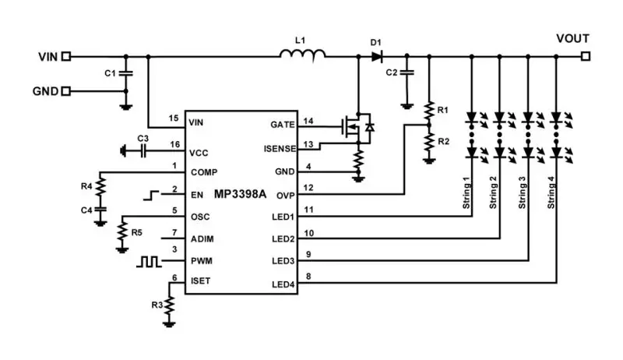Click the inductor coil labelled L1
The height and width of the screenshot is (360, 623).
[303, 54]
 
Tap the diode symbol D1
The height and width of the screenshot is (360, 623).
[377, 56]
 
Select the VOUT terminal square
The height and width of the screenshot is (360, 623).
[585, 56]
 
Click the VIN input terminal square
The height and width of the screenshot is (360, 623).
[67, 56]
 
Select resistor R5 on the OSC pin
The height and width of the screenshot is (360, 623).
[121, 231]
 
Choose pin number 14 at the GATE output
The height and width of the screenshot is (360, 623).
[308, 121]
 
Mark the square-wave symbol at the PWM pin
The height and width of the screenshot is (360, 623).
[149, 262]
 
